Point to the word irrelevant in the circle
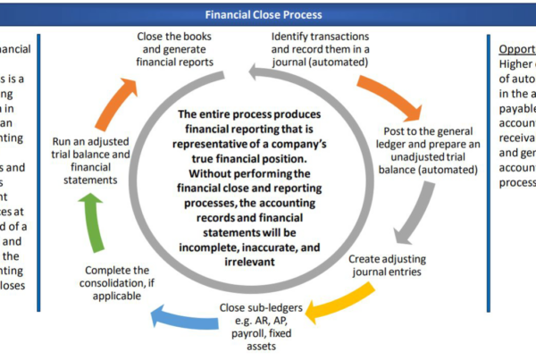[264, 252]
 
